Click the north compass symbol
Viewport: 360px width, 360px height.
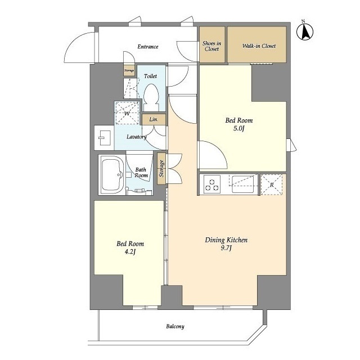click(305, 32)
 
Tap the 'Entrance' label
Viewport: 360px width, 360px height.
click(148, 47)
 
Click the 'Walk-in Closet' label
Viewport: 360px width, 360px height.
click(259, 46)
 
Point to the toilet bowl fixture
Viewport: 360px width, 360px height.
click(151, 98)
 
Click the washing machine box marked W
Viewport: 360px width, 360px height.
click(127, 113)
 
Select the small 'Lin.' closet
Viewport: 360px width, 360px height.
click(154, 119)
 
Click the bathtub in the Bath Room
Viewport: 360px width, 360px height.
click(112, 174)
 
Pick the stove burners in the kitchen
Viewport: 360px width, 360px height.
click(212, 184)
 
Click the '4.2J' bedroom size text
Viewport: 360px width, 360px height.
click(130, 253)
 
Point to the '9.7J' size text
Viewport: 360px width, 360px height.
click(226, 249)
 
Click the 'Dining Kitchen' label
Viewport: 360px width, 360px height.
click(226, 240)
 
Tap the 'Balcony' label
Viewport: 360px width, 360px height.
click(175, 326)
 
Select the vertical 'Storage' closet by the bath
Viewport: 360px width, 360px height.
click(162, 168)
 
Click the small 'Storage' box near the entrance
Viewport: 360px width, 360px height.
click(129, 70)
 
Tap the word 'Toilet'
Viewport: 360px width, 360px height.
click(150, 76)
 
